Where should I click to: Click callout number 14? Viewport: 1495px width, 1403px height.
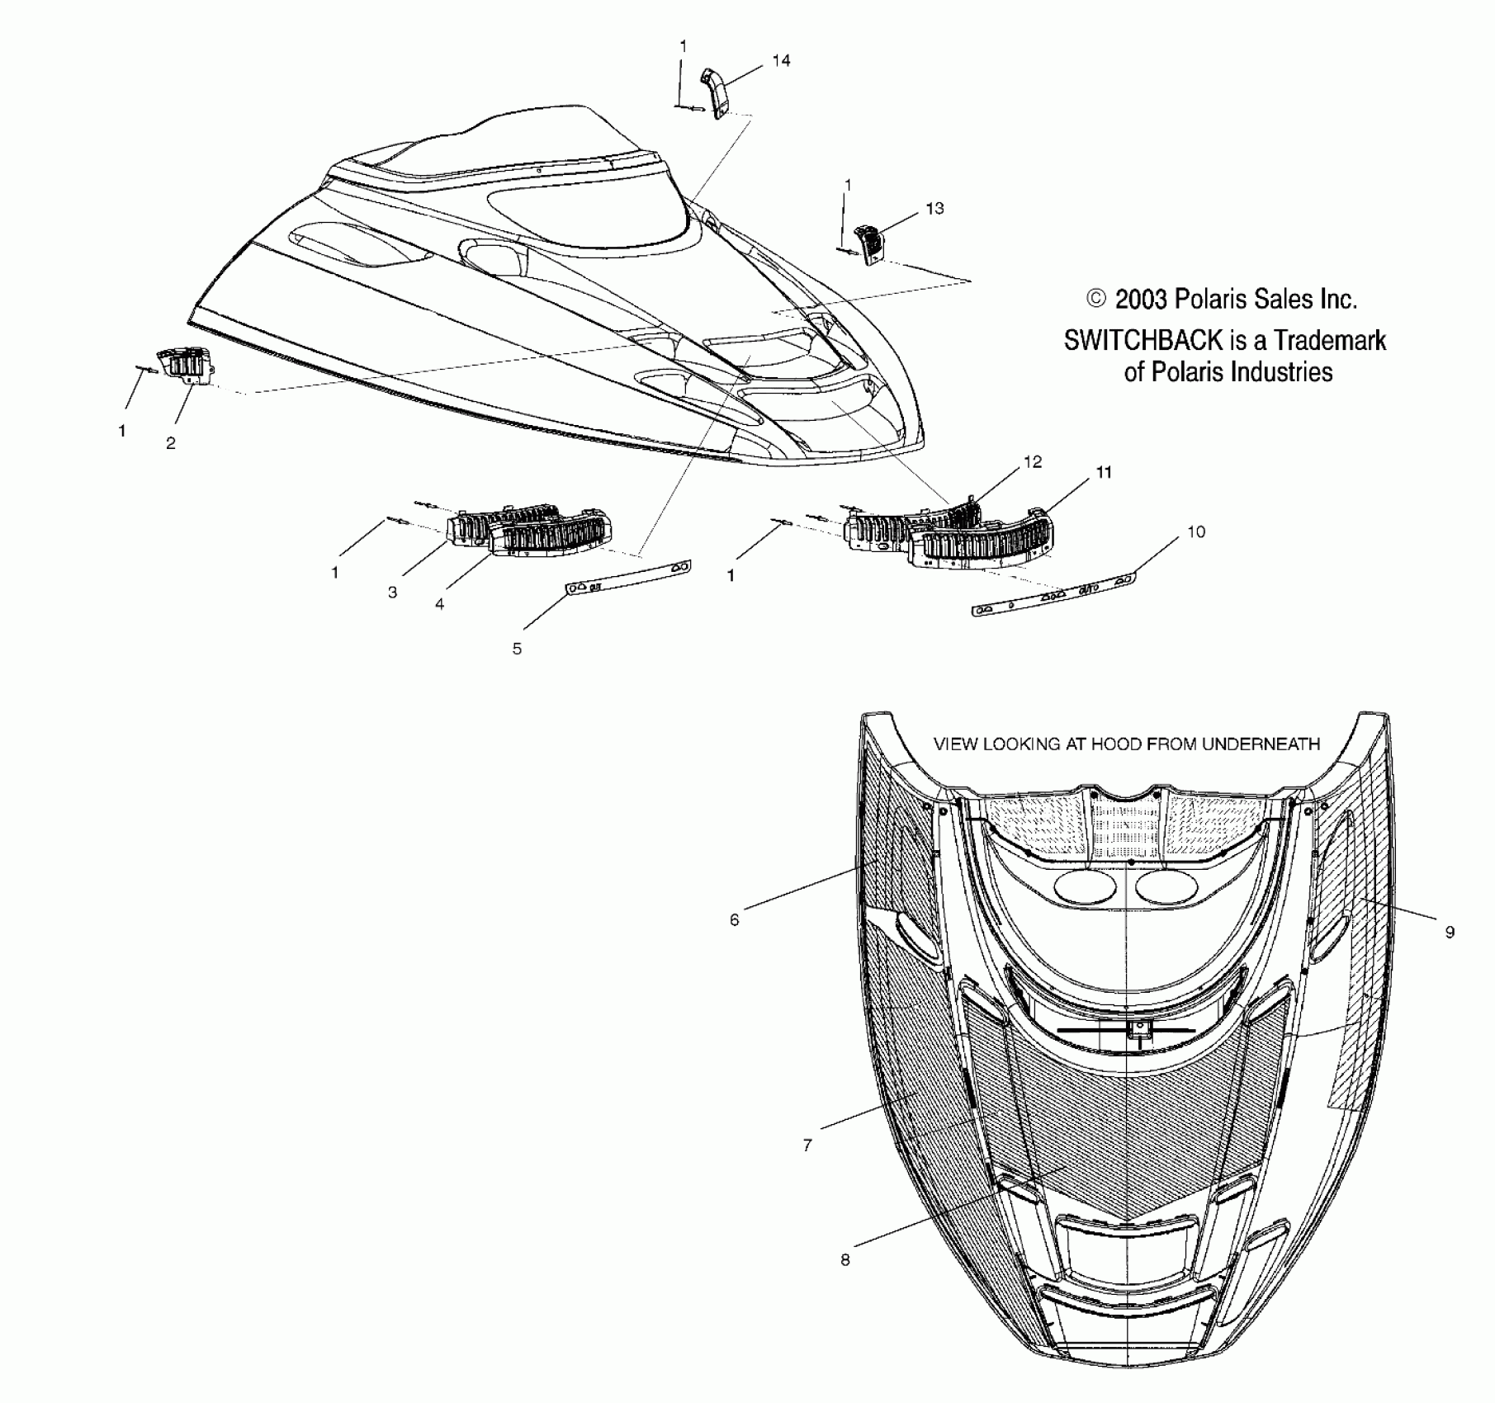coord(781,60)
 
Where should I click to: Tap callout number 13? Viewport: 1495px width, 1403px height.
coord(934,209)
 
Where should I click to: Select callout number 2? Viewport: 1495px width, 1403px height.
coord(171,443)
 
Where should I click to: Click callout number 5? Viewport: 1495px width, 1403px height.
coord(517,649)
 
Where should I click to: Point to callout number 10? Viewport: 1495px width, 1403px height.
coord(1196,532)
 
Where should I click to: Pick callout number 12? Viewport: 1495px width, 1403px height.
coord(1033,462)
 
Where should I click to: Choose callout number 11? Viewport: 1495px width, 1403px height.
coord(1104,472)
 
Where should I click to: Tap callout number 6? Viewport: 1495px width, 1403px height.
coord(735,919)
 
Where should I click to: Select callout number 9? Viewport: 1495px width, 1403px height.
coord(1450,933)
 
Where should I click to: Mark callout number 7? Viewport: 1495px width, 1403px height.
coord(807,1146)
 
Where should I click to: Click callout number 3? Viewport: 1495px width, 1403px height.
coord(393,592)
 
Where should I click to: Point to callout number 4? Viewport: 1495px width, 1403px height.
coord(440,604)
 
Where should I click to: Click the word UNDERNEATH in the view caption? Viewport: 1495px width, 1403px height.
coord(1261,744)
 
